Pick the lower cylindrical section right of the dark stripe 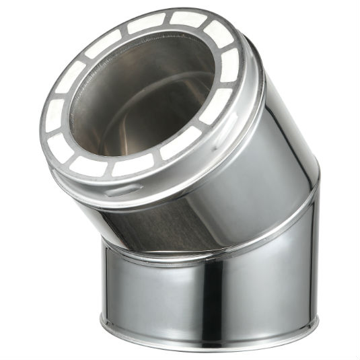(269, 283)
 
